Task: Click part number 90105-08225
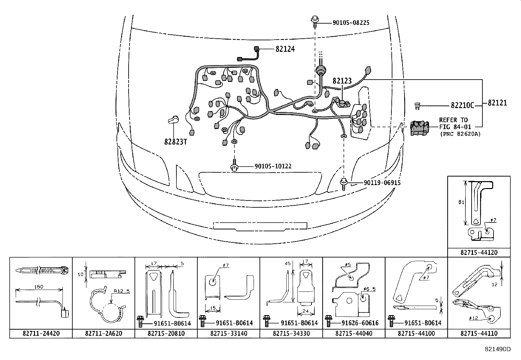tap(351, 23)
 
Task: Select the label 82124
tap(285, 49)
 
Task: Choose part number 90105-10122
tap(273, 166)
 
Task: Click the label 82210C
tap(462, 105)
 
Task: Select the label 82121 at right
tap(497, 103)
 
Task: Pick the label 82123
tap(342, 81)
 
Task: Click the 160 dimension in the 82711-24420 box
tap(39, 287)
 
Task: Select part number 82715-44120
tap(479, 253)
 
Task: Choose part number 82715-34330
tap(291, 333)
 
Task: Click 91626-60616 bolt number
tap(360, 323)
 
